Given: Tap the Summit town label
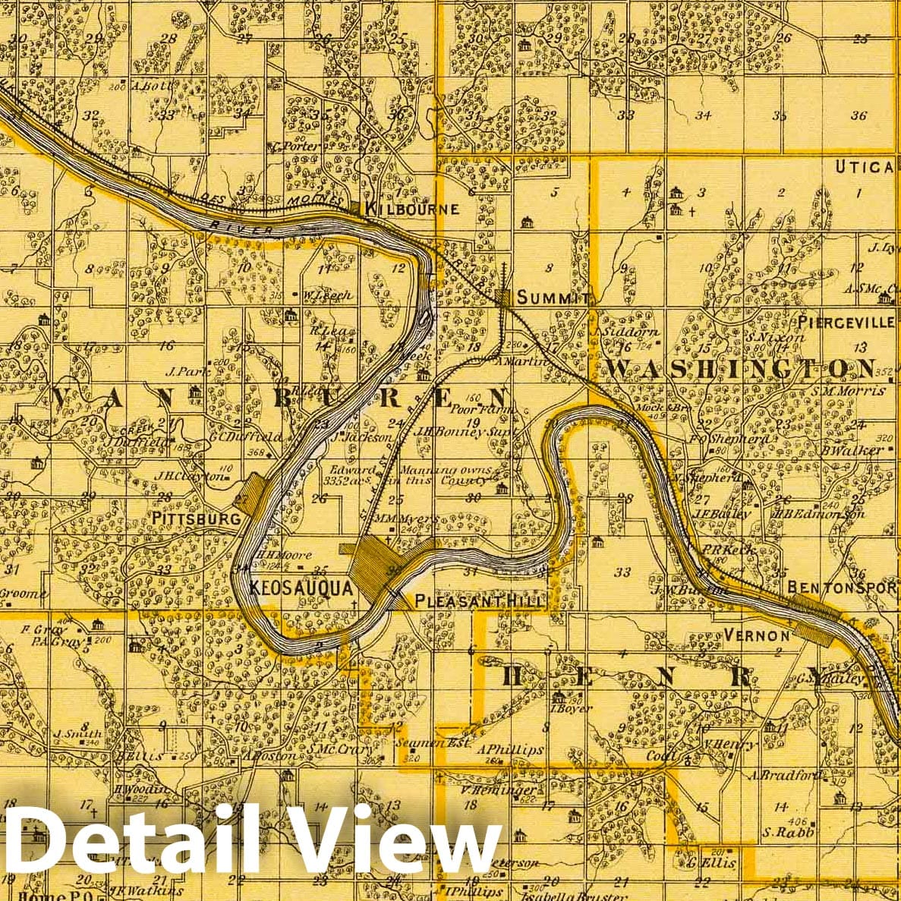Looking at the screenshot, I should tap(553, 298).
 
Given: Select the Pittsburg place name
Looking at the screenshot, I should tap(196, 518).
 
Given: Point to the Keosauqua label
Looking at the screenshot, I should tap(301, 588).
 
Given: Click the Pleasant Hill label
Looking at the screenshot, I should tap(480, 602).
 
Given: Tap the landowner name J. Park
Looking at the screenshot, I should tap(181, 372).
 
